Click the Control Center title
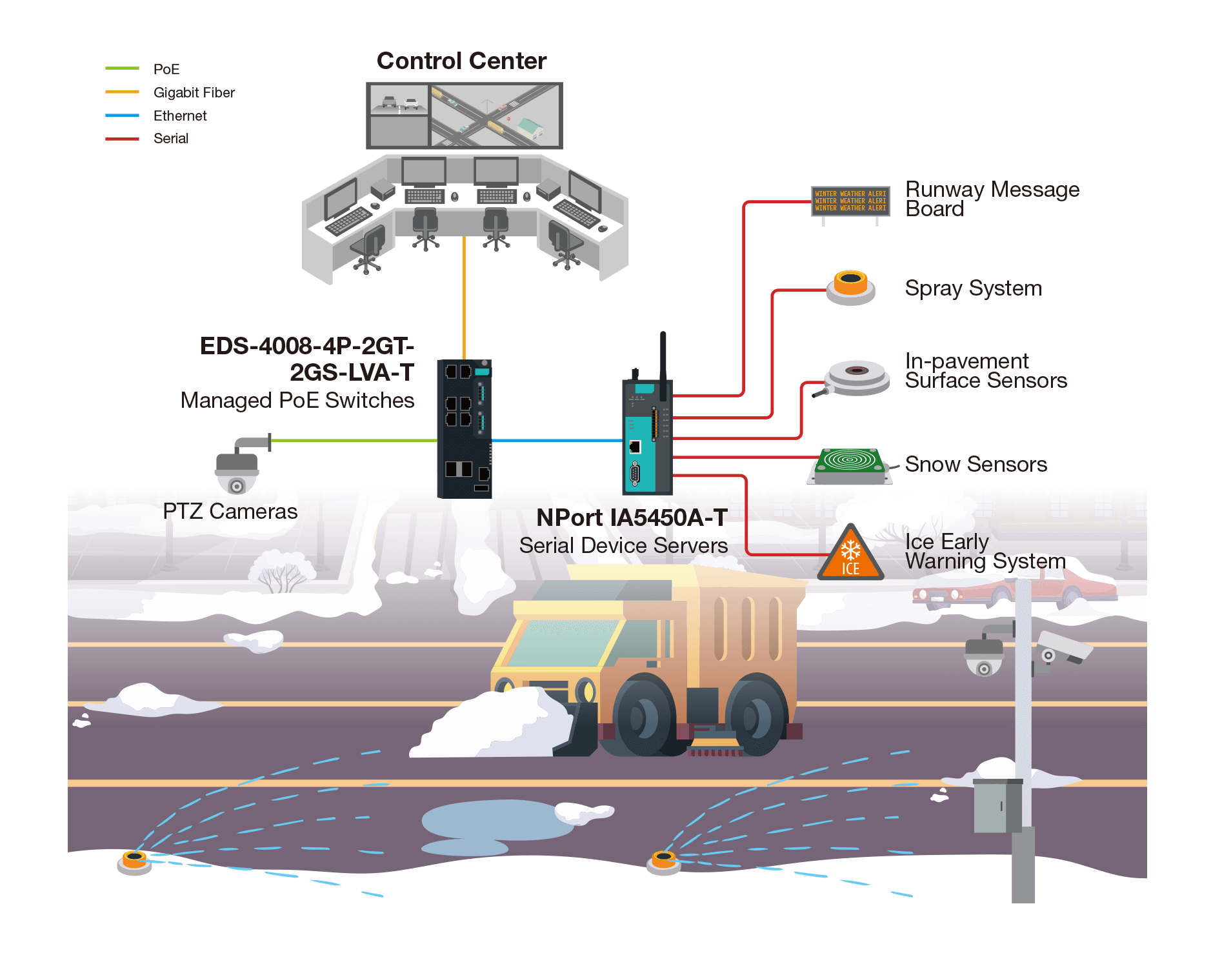pos(461,61)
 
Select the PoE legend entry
pos(166,69)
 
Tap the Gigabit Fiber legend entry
pos(194,92)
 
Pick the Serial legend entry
pos(171,138)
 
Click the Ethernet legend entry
pos(180,116)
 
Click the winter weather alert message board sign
pos(850,201)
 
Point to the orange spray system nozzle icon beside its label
pos(850,287)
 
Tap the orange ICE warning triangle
pos(850,556)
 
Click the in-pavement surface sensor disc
pos(856,376)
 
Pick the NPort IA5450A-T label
pos(632,518)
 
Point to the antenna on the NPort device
pos(663,365)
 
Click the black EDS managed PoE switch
pos(465,428)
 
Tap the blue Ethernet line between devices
pos(557,441)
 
